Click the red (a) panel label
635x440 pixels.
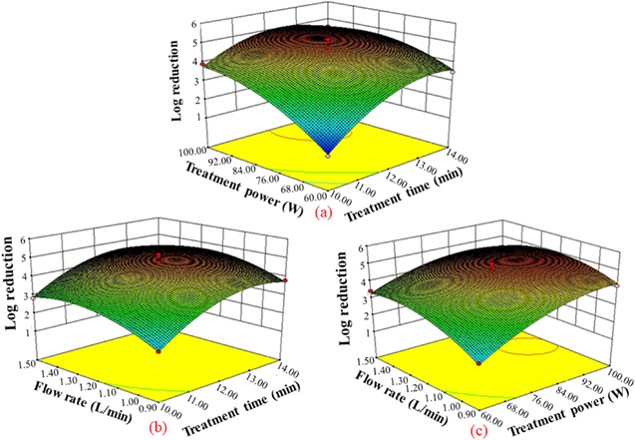323,212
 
